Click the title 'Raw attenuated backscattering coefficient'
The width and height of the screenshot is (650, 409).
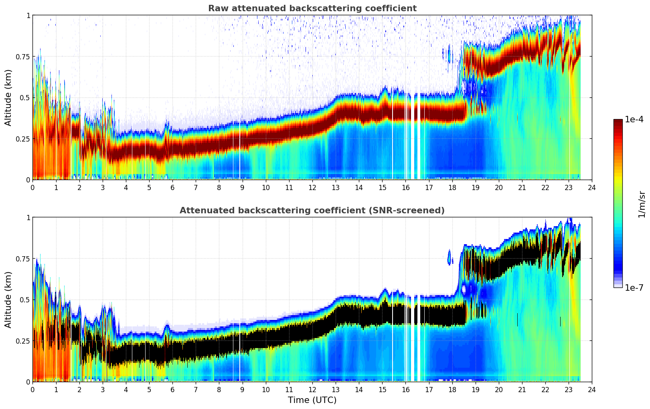pyautogui.click(x=312, y=8)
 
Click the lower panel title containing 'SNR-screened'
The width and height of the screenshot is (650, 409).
pyautogui.click(x=312, y=211)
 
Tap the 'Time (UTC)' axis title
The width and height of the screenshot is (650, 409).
pyautogui.click(x=312, y=400)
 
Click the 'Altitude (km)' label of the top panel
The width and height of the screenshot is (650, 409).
pyautogui.click(x=8, y=97)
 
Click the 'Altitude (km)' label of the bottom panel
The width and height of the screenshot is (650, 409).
pyautogui.click(x=8, y=300)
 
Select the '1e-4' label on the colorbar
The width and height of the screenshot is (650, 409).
pyautogui.click(x=634, y=119)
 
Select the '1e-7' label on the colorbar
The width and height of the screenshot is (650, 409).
pyautogui.click(x=634, y=288)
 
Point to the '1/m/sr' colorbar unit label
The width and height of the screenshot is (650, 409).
pyautogui.click(x=642, y=204)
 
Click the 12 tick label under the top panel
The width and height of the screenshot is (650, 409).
pyautogui.click(x=312, y=187)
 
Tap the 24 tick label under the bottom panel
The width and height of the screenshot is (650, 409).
pyautogui.click(x=591, y=389)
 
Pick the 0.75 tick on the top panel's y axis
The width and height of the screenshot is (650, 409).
pyautogui.click(x=23, y=57)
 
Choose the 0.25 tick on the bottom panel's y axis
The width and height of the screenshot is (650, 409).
pyautogui.click(x=23, y=341)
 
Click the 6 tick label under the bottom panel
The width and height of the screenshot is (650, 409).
pyautogui.click(x=172, y=389)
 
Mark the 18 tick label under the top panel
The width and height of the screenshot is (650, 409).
pyautogui.click(x=452, y=187)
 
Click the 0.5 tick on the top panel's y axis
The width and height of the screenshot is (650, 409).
pyautogui.click(x=25, y=97)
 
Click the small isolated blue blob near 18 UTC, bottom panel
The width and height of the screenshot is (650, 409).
pyautogui.click(x=449, y=257)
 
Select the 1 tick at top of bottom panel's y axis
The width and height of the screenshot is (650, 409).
pyautogui.click(x=28, y=218)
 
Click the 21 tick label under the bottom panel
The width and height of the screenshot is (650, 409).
pyautogui.click(x=522, y=389)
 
